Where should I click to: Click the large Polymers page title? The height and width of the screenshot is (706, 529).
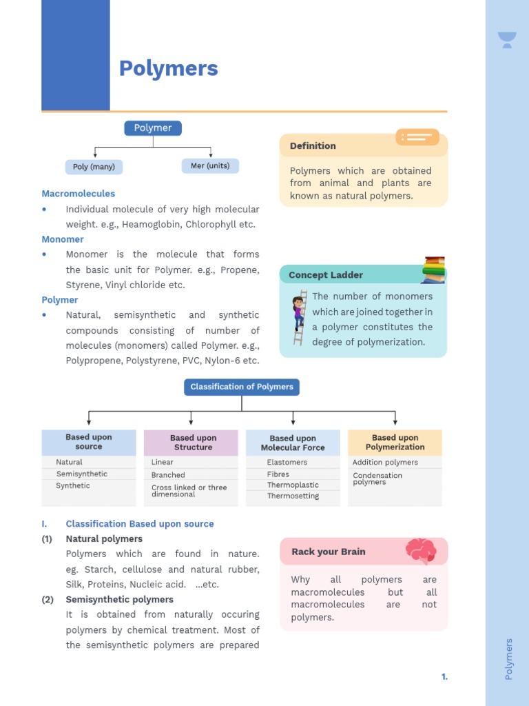click(x=168, y=68)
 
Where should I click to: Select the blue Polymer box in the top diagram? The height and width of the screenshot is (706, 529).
click(x=153, y=128)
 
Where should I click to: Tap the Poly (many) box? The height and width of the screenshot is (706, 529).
click(x=94, y=167)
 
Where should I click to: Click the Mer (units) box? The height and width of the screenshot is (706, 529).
click(x=210, y=166)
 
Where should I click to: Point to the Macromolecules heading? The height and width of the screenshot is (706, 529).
click(x=79, y=194)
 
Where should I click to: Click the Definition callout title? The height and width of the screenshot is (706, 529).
click(x=313, y=146)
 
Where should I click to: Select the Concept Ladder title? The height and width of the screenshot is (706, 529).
click(x=326, y=275)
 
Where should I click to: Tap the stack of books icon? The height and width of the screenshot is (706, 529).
click(x=433, y=270)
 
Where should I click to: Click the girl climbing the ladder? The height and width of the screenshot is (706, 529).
click(x=299, y=316)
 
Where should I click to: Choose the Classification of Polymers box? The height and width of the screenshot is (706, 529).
click(x=242, y=387)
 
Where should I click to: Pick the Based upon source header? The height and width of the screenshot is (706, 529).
click(x=89, y=442)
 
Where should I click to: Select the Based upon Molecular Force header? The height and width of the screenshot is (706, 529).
click(x=293, y=443)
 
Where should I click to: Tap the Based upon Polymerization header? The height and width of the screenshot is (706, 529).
click(x=395, y=442)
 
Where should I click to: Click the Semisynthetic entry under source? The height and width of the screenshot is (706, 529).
click(x=82, y=474)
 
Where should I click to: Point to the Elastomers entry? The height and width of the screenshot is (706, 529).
click(x=287, y=463)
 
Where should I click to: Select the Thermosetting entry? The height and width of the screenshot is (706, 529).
click(x=293, y=496)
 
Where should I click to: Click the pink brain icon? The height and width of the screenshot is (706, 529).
click(x=421, y=551)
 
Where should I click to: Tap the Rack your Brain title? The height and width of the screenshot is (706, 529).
click(x=329, y=552)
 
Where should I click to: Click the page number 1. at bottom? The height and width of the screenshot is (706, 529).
click(x=444, y=677)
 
